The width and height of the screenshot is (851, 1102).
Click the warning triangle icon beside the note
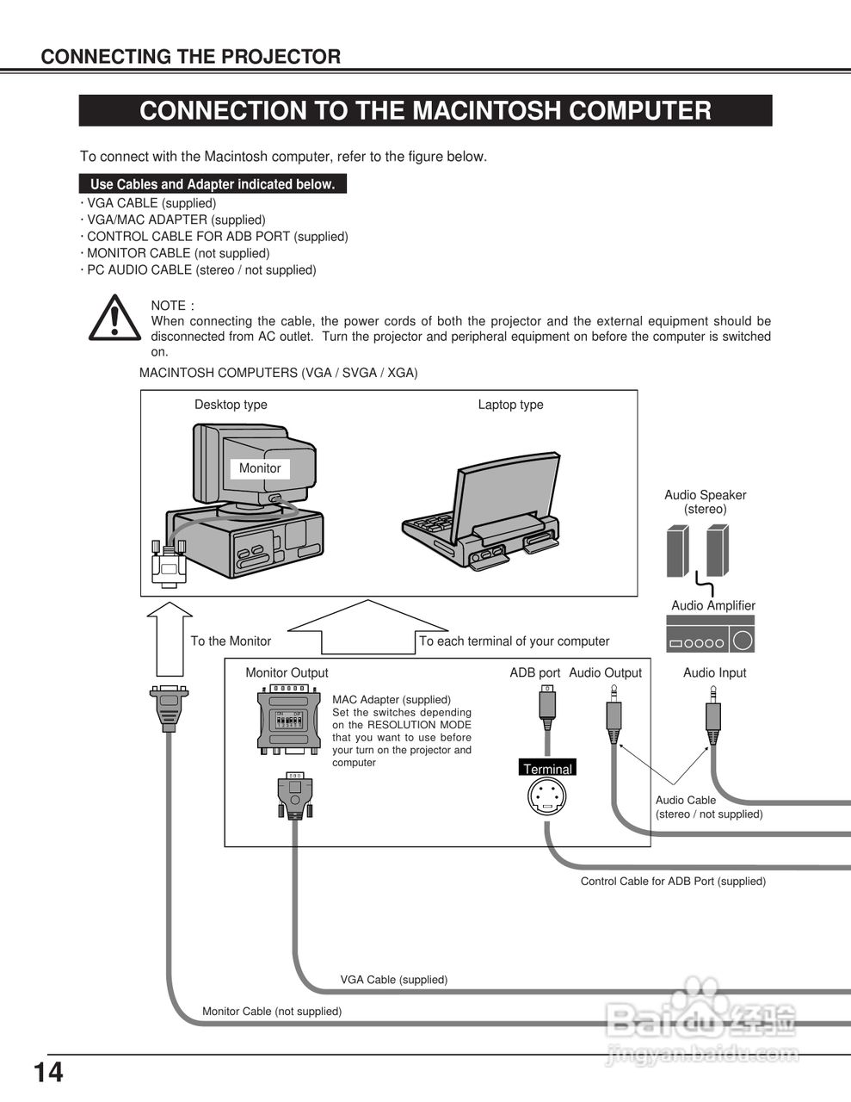coord(114,318)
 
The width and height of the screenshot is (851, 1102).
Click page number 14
coord(48,1074)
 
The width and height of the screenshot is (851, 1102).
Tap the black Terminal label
coord(547,769)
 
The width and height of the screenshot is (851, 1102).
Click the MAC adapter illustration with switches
coord(288,720)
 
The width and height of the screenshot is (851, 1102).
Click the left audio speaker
coord(678,551)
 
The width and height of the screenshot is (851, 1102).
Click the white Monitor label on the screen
coord(260,468)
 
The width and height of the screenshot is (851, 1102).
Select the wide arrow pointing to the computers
coord(367,628)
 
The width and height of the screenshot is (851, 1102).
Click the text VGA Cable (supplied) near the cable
coord(393,980)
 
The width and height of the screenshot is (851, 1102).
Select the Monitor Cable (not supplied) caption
coord(271,1012)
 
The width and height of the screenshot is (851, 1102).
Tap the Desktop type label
coord(231,405)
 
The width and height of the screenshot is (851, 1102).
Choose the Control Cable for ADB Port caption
coord(673,882)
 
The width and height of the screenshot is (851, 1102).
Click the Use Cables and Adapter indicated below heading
coord(213,184)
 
